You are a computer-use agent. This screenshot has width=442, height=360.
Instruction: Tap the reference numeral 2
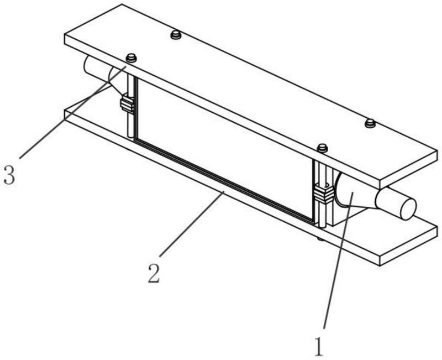click(x=154, y=274)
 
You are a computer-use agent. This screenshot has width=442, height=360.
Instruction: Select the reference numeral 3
click(x=9, y=175)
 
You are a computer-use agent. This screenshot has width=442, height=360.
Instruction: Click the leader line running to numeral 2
click(x=192, y=224)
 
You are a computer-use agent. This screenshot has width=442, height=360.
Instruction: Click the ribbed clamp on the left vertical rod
click(x=127, y=105)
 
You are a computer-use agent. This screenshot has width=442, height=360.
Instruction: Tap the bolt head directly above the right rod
click(x=322, y=148)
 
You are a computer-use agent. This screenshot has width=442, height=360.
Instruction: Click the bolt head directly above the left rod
click(x=131, y=58)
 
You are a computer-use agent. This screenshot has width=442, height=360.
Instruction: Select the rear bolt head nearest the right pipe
click(x=370, y=123)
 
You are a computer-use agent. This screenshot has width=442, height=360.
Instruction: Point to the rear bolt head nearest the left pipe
click(x=176, y=35)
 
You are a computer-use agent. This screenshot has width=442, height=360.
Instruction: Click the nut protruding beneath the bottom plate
click(x=320, y=239)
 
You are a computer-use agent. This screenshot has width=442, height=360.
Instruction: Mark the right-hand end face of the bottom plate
click(x=409, y=246)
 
